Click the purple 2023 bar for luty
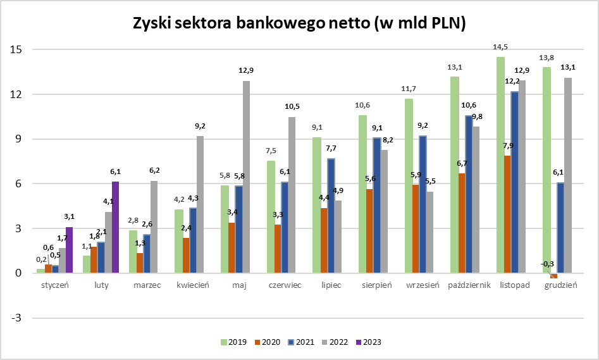coord(115,227)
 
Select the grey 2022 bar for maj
coord(246,177)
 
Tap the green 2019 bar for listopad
coord(500,165)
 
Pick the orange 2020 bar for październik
coord(462,223)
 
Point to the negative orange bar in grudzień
coord(554,276)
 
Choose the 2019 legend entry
coord(233,342)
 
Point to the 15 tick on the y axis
coord(16,49)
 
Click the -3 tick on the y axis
coord(16,318)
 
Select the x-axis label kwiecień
coord(193,285)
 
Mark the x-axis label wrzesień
coord(423,285)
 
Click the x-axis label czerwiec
coord(285,285)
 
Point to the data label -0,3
coord(547,264)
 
